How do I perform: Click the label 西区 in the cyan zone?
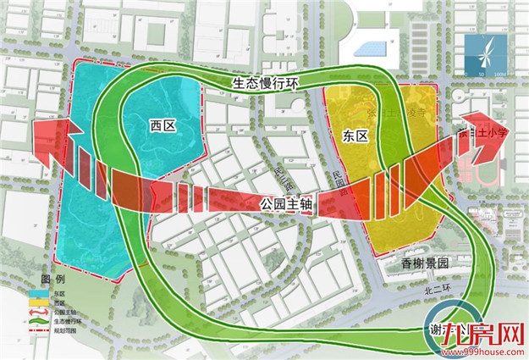(162, 125)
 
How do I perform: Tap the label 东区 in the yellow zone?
(356, 136)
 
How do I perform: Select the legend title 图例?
(52, 280)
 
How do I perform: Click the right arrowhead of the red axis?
(491, 140)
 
